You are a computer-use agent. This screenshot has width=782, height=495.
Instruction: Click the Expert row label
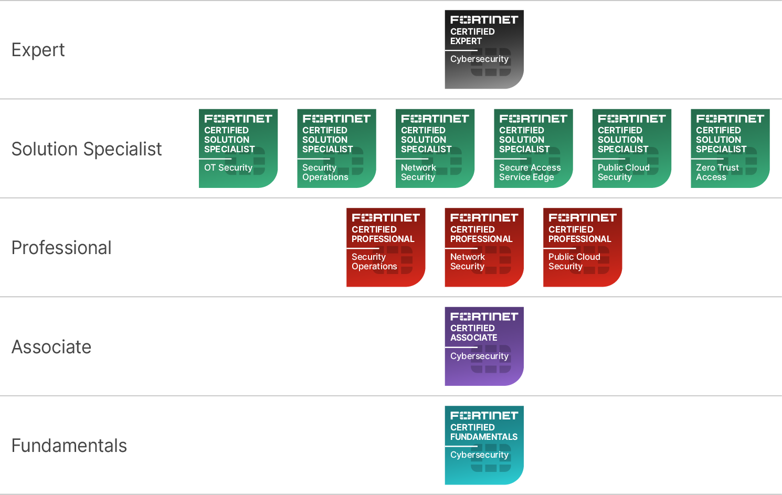pyautogui.click(x=38, y=50)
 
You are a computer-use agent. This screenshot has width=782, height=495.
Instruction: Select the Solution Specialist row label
pyautogui.click(x=87, y=149)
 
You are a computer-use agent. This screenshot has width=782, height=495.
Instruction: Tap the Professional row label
pyautogui.click(x=61, y=248)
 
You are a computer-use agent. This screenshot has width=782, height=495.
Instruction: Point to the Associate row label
pyautogui.click(x=51, y=347)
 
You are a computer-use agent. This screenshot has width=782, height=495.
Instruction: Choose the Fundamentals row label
pyautogui.click(x=69, y=446)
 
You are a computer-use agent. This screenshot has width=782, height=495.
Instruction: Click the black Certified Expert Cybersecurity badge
pyautogui.click(x=484, y=49)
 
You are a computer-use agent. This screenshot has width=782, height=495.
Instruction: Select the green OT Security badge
pyautogui.click(x=238, y=148)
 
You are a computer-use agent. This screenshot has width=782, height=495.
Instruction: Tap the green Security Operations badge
pyautogui.click(x=336, y=148)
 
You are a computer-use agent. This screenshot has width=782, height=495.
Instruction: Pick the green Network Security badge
pyautogui.click(x=435, y=148)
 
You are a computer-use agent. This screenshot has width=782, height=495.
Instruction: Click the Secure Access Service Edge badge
pyautogui.click(x=533, y=148)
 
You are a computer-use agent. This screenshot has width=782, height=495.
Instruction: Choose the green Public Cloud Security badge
pyautogui.click(x=632, y=148)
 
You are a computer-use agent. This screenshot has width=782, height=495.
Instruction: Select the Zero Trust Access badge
pyautogui.click(x=730, y=148)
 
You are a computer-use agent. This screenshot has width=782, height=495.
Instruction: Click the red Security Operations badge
pyautogui.click(x=386, y=247)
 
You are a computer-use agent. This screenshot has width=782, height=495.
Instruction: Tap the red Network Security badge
pyautogui.click(x=484, y=247)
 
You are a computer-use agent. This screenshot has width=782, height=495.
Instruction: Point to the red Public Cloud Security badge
pyautogui.click(x=583, y=247)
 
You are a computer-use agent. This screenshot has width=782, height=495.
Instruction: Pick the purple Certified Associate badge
pyautogui.click(x=484, y=346)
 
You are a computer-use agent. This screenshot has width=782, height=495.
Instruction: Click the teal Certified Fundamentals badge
pyautogui.click(x=484, y=445)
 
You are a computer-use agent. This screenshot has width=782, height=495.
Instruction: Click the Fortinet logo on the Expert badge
pyautogui.click(x=484, y=20)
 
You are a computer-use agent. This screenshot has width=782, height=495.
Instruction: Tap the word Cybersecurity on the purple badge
pyautogui.click(x=479, y=356)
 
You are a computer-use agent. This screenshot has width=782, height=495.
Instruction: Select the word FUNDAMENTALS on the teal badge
pyautogui.click(x=484, y=437)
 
